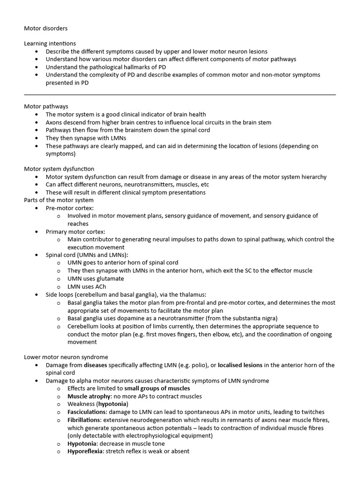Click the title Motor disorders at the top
[x=45, y=28]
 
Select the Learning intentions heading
[x=50, y=44]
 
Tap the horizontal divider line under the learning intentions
[x=180, y=95]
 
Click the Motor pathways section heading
[x=46, y=106]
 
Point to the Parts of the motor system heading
[x=59, y=200]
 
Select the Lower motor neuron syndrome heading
[x=66, y=357]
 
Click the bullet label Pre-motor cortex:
[x=69, y=208]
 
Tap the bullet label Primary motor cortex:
[x=75, y=232]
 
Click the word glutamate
[x=109, y=278]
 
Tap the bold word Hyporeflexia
[x=85, y=451]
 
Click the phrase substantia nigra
[x=255, y=318]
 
